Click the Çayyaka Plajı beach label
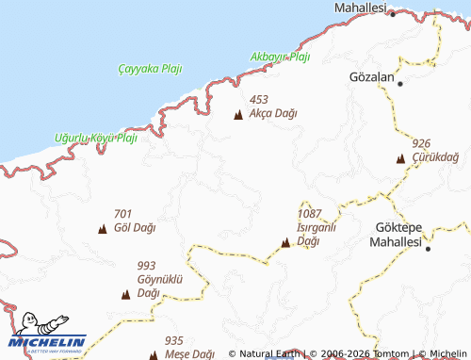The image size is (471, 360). point(151,69)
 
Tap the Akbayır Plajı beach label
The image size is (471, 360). point(280,57)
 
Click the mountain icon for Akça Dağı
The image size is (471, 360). point(237,115)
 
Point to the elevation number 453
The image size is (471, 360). point(259,99)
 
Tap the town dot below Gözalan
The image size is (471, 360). point(400,84)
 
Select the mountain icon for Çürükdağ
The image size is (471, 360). point(400,158)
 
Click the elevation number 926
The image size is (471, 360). point(421,143)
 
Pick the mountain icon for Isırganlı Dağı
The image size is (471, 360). point(285,243)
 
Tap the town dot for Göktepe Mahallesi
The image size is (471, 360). point(427,250)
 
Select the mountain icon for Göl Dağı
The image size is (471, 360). point(102,229)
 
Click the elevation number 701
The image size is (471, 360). point(122,214)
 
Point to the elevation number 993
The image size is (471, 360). point(146,267)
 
